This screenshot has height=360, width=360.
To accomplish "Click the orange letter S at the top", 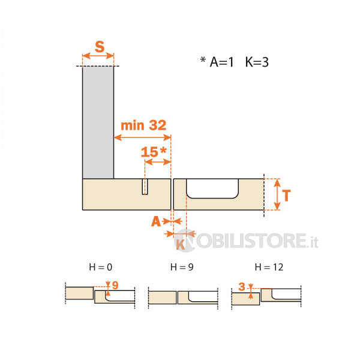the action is point(100,47).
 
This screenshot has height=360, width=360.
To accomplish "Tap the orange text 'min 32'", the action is point(143,125).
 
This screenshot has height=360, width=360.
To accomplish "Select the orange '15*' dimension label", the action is point(154,152).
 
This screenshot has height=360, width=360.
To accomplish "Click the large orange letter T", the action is point(286,196).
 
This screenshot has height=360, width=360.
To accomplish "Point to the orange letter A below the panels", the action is point(156,221).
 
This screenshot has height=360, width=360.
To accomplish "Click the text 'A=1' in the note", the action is point(221,62).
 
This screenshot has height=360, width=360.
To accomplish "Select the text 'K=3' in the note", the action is point(257,62).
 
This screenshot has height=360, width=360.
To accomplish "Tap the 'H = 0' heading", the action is point(101,267).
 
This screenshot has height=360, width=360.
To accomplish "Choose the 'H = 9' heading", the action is point(182,267).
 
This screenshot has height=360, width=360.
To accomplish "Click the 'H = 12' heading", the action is point(269,267).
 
